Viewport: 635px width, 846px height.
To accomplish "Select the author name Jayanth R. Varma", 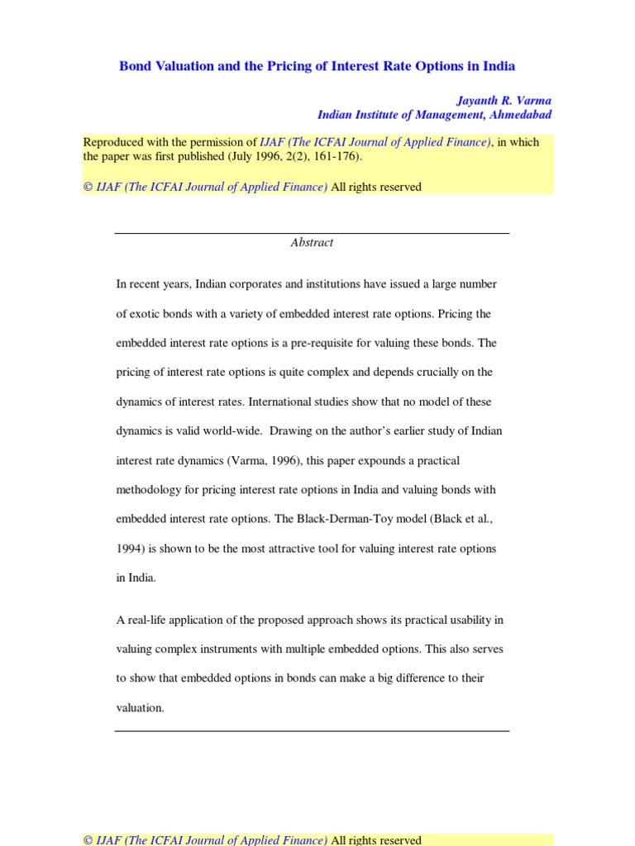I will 504,101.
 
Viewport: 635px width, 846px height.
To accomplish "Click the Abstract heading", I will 312,243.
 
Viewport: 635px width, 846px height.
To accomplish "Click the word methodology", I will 148,490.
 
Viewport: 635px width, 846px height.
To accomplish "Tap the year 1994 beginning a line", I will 129,549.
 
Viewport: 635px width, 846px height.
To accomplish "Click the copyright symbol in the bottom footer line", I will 88,840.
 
